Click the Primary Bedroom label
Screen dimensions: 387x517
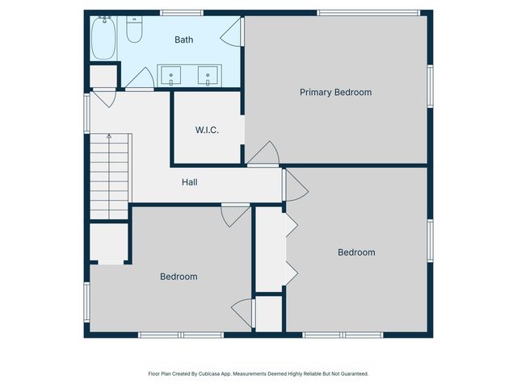point(335,93)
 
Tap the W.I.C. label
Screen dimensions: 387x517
point(207,130)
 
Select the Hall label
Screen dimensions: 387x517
point(189,182)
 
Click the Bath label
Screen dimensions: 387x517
point(183,39)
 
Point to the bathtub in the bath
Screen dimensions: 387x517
point(103,38)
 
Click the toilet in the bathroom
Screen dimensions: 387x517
point(135,30)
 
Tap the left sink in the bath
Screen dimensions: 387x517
point(172,77)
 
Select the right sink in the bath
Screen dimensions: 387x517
point(208,77)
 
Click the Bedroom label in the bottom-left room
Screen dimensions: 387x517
point(179,277)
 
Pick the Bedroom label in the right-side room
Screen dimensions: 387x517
point(356,252)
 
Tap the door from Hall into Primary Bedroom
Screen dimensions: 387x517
point(263,155)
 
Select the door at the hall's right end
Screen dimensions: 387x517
point(293,185)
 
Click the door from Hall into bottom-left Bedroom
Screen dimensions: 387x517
point(235,214)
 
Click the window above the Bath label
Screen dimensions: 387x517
point(181,12)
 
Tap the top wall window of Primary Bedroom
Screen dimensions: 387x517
point(368,12)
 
